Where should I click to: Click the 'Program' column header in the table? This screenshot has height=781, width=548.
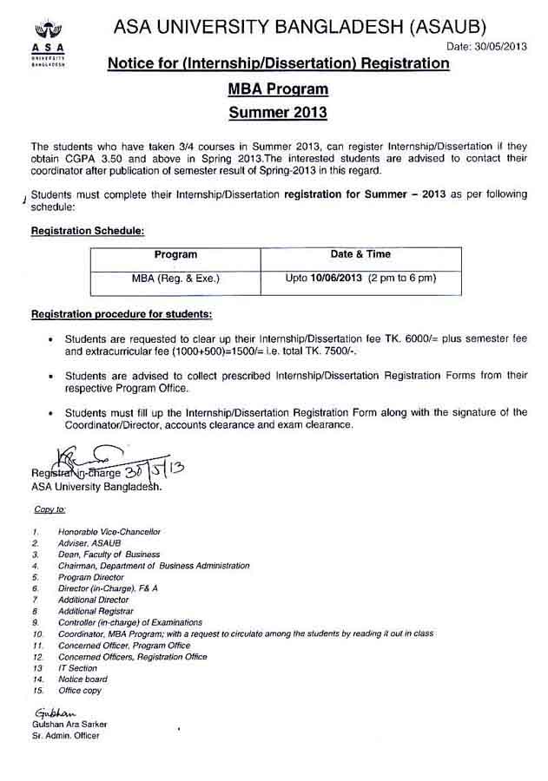175,255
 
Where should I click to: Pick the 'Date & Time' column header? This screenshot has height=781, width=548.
360,255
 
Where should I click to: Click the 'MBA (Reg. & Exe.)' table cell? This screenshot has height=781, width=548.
175,279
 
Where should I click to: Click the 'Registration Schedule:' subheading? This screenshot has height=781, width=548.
87,232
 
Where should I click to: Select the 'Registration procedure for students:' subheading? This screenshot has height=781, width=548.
122,312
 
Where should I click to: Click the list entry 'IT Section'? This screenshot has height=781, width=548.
78,668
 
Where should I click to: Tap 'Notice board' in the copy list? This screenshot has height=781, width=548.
83,679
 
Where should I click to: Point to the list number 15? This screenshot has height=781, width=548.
36,691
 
